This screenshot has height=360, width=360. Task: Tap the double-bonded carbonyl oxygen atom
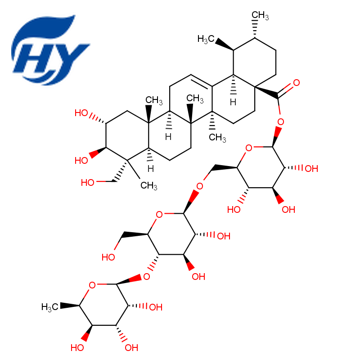[297, 83]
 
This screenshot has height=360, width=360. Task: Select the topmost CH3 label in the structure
[260, 15]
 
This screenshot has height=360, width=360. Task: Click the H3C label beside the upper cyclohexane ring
[206, 39]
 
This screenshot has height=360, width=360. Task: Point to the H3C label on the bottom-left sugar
[49, 307]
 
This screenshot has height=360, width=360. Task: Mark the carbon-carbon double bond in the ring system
[202, 81]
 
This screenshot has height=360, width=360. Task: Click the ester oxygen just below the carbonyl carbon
[280, 121]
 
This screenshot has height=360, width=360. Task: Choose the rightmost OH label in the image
[311, 169]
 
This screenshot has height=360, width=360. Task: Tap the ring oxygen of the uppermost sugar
[249, 148]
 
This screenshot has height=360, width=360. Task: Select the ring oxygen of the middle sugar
[159, 215]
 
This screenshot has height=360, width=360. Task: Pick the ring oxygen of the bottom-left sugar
[92, 285]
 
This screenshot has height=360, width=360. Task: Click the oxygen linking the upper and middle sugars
[199, 186]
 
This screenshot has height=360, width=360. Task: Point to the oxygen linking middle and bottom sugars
[147, 277]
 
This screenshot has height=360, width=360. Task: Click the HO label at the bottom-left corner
[77, 348]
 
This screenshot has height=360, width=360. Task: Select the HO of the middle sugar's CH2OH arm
[108, 257]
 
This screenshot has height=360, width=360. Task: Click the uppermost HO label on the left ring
[81, 113]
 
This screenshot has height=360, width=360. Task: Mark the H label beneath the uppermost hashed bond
[233, 102]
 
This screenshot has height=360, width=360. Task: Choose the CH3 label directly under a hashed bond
[217, 138]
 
